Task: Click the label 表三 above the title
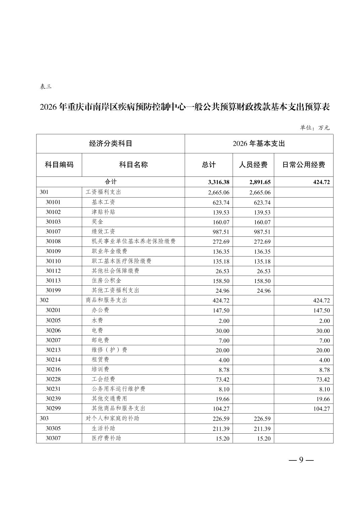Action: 46,87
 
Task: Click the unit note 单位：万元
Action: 314,128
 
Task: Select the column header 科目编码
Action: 59,165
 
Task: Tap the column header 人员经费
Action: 253,165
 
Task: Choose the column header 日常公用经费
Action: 303,165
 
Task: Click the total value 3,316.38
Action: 219,182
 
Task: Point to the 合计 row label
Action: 111,182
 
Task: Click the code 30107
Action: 53,231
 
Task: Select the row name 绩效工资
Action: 103,231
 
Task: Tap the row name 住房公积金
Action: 106,281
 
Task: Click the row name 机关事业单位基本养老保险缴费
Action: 133,241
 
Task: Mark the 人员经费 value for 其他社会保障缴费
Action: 263,271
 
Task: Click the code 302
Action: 44,300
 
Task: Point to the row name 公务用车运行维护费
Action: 118,389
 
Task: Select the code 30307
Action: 53,438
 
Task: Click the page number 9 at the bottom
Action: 301,460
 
